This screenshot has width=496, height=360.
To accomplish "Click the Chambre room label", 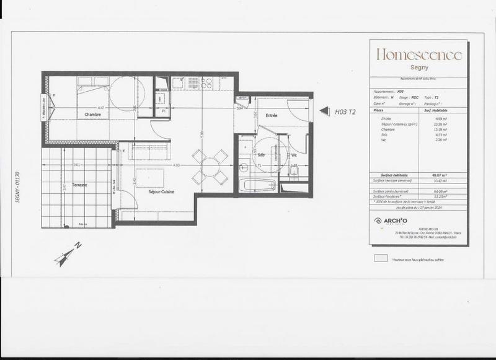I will [x=93, y=115].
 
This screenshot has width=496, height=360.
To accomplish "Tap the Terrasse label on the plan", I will [x=79, y=185].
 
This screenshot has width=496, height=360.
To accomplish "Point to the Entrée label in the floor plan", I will [x=272, y=116].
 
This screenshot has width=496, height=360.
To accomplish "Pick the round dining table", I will [x=210, y=167].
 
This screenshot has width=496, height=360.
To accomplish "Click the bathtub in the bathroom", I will [x=259, y=185].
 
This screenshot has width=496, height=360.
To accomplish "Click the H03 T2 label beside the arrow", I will [x=345, y=112].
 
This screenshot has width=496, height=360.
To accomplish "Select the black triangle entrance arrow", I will [x=324, y=112].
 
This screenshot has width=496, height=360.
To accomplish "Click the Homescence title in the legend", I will [x=419, y=55].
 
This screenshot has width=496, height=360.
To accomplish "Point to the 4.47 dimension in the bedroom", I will [x=101, y=108].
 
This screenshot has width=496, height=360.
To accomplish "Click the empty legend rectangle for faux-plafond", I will [x=379, y=260].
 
